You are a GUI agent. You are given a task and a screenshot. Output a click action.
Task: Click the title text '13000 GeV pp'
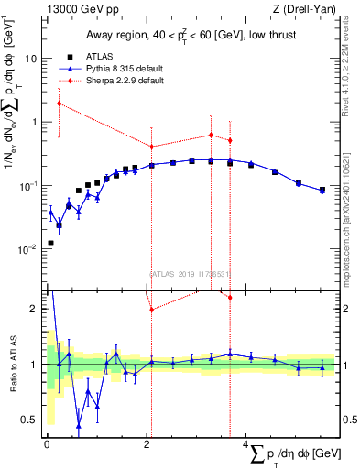[75, 9]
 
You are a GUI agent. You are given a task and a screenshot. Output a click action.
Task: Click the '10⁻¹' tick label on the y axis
[28, 185]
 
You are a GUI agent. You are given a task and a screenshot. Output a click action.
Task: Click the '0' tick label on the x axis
[47, 444]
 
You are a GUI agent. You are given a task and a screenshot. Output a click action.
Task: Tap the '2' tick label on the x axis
[147, 444]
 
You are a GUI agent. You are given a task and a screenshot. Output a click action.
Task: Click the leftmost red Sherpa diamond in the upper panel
[59, 104]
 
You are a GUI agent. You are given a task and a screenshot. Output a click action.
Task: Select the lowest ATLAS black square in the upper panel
[50, 243]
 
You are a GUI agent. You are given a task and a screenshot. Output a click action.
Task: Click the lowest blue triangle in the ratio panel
[79, 426]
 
